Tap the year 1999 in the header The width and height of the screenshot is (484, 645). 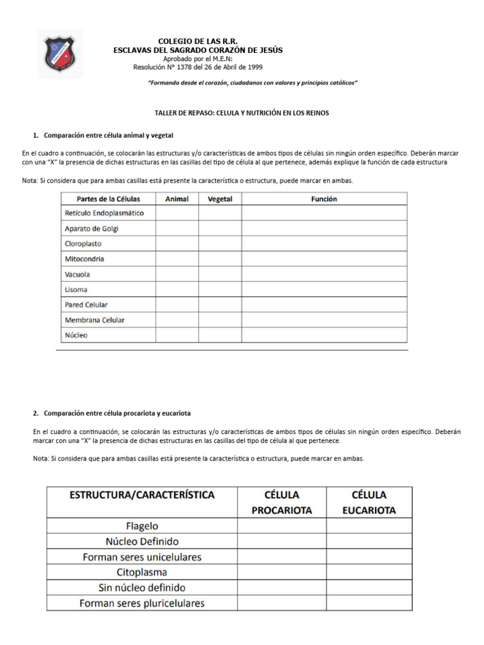click(255, 67)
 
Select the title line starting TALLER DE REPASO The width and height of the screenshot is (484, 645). click(242, 113)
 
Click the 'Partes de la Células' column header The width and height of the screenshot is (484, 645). click(108, 198)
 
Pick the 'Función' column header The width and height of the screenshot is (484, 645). click(324, 198)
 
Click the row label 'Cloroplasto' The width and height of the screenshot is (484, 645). click(83, 244)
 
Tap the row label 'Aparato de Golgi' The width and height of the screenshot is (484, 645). click(91, 229)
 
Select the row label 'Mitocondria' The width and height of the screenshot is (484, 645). click(84, 259)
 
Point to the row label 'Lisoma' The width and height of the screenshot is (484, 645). click(76, 290)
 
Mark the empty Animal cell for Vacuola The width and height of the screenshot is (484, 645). click(177, 275)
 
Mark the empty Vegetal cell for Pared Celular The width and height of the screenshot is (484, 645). click(220, 305)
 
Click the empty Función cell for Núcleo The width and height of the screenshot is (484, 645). click(324, 335)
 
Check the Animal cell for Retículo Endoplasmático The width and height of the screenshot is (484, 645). click(177, 214)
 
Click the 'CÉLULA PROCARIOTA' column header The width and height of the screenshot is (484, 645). click(281, 503)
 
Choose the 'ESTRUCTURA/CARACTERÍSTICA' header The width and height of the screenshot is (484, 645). click(142, 495)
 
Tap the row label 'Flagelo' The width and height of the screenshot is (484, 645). click(142, 526)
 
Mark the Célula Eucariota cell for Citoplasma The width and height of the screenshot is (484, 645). click(369, 573)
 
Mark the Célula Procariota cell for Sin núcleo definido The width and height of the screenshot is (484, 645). click(281, 588)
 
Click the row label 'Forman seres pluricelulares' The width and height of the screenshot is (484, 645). click(142, 603)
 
